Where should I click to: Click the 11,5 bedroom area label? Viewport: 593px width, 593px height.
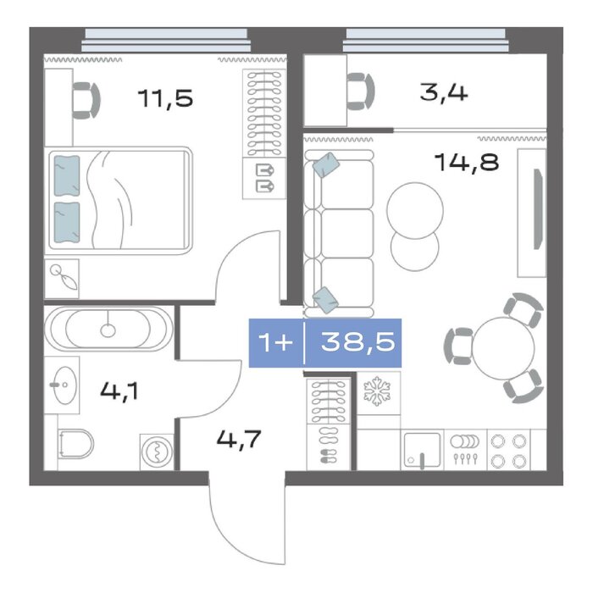[165, 98]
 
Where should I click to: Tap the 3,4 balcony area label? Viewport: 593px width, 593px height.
[444, 92]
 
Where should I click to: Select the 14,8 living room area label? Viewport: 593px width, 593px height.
[467, 163]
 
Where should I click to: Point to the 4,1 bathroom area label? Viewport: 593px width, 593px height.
[119, 391]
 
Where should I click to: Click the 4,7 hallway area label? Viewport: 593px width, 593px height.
[239, 439]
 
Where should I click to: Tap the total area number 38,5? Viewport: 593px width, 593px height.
[357, 341]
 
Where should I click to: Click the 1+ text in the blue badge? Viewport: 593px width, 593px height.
[275, 342]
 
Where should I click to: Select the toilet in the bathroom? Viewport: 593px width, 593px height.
[75, 444]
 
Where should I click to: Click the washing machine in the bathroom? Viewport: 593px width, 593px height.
[157, 452]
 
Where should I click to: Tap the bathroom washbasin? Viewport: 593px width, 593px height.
[65, 385]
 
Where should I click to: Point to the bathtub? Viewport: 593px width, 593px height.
[108, 329]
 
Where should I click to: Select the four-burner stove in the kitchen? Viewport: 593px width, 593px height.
[508, 450]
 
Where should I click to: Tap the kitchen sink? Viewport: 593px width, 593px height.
[422, 450]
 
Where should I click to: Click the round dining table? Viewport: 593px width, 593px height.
[503, 348]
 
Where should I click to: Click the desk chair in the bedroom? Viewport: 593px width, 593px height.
[86, 101]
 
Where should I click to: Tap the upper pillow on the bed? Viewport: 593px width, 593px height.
[67, 176]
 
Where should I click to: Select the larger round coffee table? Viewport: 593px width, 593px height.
[415, 211]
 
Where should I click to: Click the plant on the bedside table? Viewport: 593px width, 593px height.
[64, 277]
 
